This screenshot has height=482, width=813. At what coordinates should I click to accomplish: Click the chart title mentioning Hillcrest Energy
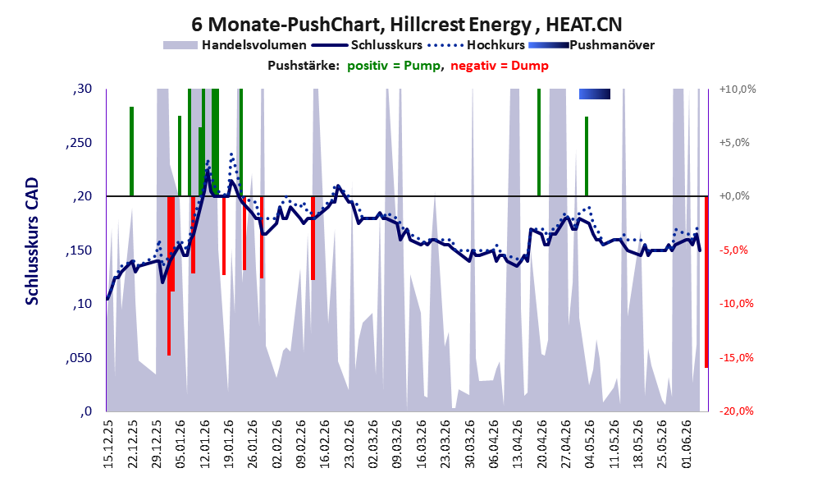(407, 24)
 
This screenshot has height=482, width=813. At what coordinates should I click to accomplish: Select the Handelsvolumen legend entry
(235, 45)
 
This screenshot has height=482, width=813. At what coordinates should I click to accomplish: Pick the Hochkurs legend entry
(477, 45)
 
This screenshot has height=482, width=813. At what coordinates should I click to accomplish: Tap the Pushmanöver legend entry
(591, 45)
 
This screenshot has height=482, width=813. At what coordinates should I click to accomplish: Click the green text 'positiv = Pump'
(394, 66)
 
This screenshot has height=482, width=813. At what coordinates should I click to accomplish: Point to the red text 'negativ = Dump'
(500, 66)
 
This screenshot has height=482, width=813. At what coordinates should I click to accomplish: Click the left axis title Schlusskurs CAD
(32, 241)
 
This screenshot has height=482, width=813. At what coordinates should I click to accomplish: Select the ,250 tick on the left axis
(79, 143)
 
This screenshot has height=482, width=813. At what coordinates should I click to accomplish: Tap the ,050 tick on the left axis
(79, 358)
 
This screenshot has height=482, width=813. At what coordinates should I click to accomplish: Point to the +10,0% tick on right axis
(738, 90)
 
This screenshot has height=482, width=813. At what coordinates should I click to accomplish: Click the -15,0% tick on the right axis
(736, 358)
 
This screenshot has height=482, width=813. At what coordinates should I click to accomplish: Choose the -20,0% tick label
(736, 411)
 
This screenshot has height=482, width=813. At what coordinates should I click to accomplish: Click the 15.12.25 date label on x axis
(107, 443)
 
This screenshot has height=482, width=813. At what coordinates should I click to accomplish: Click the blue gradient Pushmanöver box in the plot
(595, 94)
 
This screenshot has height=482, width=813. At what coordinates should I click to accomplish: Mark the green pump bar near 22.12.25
(132, 152)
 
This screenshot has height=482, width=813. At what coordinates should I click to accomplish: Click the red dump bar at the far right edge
(706, 282)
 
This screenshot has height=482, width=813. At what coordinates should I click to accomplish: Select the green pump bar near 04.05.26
(587, 156)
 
